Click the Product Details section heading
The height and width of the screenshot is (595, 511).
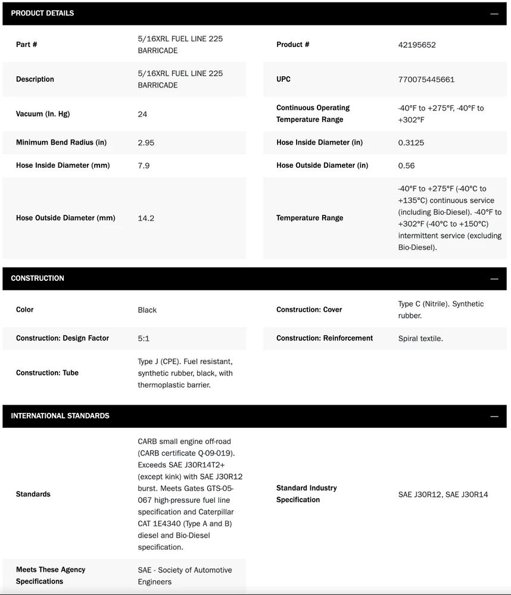[42, 13]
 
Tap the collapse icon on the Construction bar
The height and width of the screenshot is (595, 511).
[494, 278]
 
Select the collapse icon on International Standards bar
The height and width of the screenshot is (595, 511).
[494, 416]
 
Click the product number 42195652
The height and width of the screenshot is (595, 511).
[417, 45]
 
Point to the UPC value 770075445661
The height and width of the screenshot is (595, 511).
[426, 79]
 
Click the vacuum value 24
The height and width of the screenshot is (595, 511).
[142, 114]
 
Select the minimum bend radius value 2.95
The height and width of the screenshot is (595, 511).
[146, 142]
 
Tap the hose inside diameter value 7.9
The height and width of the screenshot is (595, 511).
[144, 165]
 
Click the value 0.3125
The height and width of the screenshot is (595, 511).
[411, 142]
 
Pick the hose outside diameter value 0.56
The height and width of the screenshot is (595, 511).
[406, 165]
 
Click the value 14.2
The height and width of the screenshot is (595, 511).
[146, 218]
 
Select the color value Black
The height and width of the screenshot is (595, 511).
[147, 309]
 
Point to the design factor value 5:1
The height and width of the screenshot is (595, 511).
[144, 338]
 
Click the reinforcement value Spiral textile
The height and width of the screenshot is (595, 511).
[420, 338]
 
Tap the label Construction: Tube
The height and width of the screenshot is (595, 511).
[47, 372]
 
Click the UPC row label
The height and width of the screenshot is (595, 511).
[283, 79]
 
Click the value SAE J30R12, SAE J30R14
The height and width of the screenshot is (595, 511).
[443, 494]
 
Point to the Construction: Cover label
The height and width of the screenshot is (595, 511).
[309, 309]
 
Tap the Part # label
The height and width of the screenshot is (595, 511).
[27, 45]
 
